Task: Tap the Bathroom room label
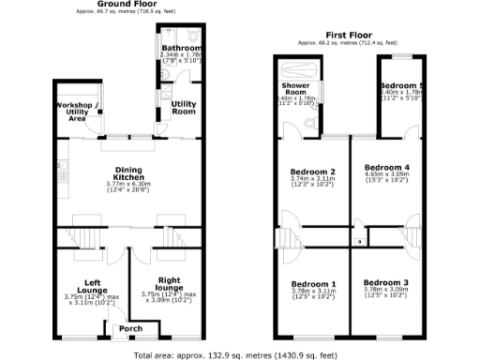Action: [x=179, y=47]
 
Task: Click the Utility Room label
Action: [x=183, y=108]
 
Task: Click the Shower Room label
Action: [x=296, y=89]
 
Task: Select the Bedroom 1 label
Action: [x=312, y=283]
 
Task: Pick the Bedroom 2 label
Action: [x=312, y=172]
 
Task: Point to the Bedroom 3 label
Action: [x=386, y=283]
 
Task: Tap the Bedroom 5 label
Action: [x=402, y=85]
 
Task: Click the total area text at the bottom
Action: [x=235, y=354]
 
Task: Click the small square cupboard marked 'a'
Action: [x=359, y=243]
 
